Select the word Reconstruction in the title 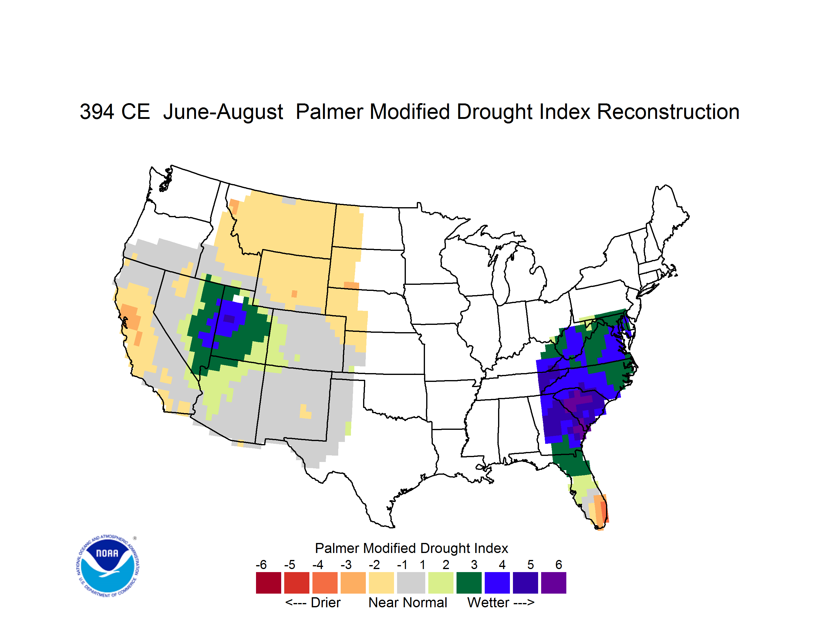[668, 112]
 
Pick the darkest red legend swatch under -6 [268, 583]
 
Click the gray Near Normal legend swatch [411, 583]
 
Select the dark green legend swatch [469, 583]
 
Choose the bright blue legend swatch [497, 583]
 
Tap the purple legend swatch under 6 [554, 583]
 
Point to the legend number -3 [346, 565]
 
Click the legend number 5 [530, 565]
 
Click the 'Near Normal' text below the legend [408, 602]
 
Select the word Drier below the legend [325, 602]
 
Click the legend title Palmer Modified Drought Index [411, 548]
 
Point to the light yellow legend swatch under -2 [381, 583]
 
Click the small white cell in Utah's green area [238, 299]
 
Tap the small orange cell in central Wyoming [294, 294]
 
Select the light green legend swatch [441, 583]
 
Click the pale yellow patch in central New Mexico [305, 412]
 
